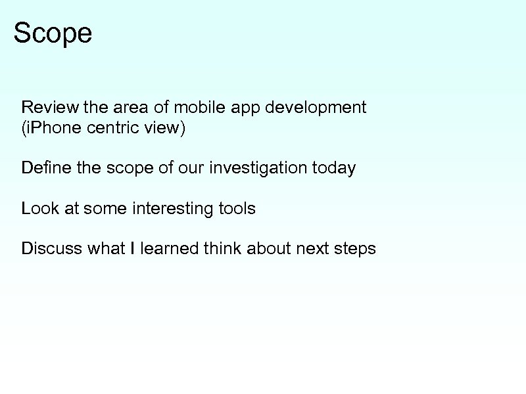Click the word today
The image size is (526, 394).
tap(334, 169)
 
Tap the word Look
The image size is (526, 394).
tap(40, 209)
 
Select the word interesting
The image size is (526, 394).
tap(171, 209)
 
